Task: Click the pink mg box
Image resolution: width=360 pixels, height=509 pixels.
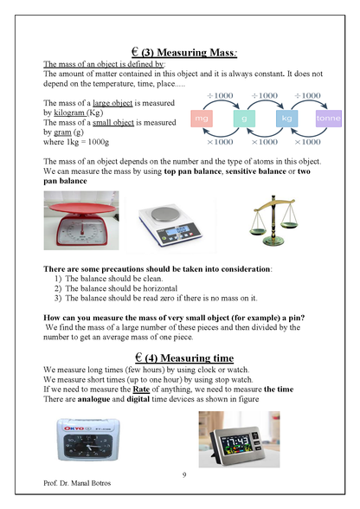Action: click(202, 119)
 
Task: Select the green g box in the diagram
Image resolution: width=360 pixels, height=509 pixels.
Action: click(244, 119)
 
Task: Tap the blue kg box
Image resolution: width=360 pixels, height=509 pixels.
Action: click(286, 119)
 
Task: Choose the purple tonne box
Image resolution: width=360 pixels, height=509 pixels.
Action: click(329, 119)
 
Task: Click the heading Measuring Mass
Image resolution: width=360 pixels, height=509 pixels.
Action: click(184, 52)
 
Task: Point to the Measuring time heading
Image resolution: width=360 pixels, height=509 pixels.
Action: click(184, 358)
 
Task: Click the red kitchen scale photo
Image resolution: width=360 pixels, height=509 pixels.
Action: click(81, 221)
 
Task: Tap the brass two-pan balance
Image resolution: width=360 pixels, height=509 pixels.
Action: click(273, 220)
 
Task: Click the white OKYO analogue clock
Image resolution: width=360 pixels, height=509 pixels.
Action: click(88, 439)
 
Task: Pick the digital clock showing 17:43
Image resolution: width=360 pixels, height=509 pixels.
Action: click(239, 439)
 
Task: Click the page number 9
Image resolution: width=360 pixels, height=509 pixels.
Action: click(184, 475)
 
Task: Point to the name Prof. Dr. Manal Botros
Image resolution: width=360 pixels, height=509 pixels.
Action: click(77, 483)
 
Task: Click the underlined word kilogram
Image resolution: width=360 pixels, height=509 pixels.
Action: click(69, 113)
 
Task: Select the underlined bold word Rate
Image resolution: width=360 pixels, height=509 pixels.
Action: click(141, 390)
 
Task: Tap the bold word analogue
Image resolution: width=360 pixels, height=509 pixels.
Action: click(93, 399)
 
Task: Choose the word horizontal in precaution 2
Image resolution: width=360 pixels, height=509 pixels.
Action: click(160, 288)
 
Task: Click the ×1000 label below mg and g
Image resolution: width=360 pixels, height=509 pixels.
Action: click(220, 142)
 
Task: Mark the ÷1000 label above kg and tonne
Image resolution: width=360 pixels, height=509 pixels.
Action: click(307, 95)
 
